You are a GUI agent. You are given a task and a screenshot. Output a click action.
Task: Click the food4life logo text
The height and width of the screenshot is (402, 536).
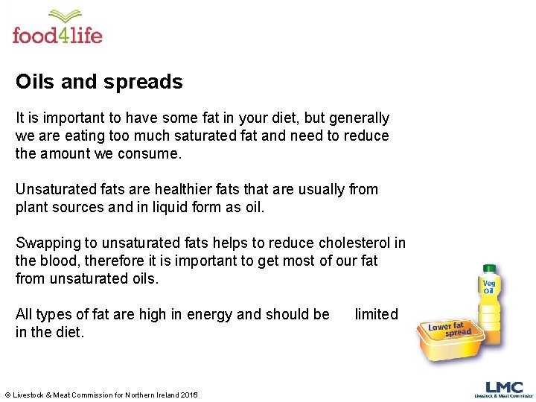click(57, 34)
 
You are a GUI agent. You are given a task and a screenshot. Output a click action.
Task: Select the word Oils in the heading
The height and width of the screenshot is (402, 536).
click(35, 82)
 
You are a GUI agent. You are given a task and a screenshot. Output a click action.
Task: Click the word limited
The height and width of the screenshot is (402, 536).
click(376, 315)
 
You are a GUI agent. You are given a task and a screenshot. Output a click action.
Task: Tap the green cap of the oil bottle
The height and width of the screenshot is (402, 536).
click(489, 269)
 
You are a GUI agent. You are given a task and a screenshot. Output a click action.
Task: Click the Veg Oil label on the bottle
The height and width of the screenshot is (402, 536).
click(489, 286)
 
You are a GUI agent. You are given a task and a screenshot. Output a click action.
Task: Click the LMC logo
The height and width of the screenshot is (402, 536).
click(504, 388)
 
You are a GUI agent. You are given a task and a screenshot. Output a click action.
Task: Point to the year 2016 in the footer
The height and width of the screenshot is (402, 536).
click(189, 395)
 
